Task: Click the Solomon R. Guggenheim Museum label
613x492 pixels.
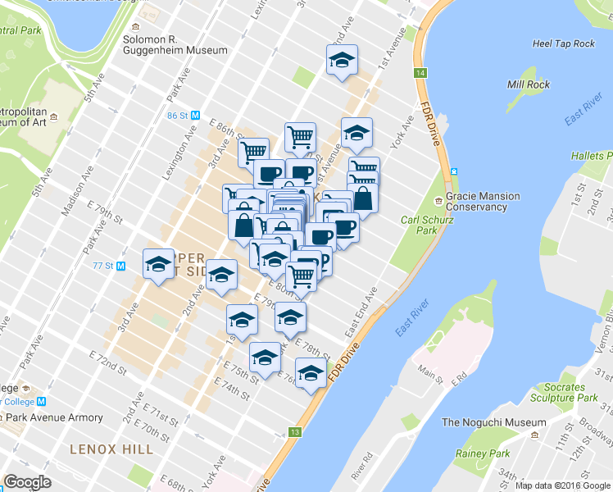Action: coord(175,44)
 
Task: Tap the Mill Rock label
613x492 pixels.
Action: coord(527,84)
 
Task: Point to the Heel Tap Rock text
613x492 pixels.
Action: coord(563,43)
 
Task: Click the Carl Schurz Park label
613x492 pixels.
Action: coord(425,225)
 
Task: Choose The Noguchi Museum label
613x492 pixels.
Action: coord(493,422)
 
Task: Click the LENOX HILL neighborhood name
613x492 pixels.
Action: coord(111,449)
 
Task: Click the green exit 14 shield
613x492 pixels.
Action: coord(420,74)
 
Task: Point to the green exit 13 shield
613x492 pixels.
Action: coord(295,431)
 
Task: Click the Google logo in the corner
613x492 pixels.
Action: coord(27,482)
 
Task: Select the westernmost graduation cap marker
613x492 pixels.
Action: coord(158,264)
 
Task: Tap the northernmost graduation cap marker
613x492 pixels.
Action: coord(342,60)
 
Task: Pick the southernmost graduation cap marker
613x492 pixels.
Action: coord(311,374)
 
